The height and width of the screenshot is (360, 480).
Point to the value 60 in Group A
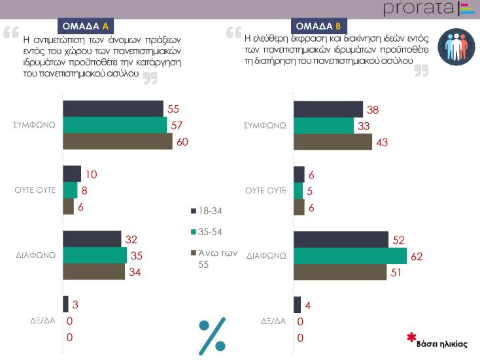tap(182, 142)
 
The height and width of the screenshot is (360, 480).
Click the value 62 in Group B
tap(417, 257)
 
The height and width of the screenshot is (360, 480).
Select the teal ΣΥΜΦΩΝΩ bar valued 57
tap(114, 125)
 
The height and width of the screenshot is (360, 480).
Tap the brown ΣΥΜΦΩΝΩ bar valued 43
tap(333, 142)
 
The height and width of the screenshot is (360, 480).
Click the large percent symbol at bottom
tap(212, 335)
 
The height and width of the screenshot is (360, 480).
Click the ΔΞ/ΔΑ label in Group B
tap(273, 321)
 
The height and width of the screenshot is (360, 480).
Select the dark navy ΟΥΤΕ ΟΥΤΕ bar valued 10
tap(72, 174)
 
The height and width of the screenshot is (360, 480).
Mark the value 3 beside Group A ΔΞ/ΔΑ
tap(75, 304)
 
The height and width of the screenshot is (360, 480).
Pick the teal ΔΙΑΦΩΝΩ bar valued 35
tap(95, 255)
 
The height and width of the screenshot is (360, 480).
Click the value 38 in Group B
tap(373, 109)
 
